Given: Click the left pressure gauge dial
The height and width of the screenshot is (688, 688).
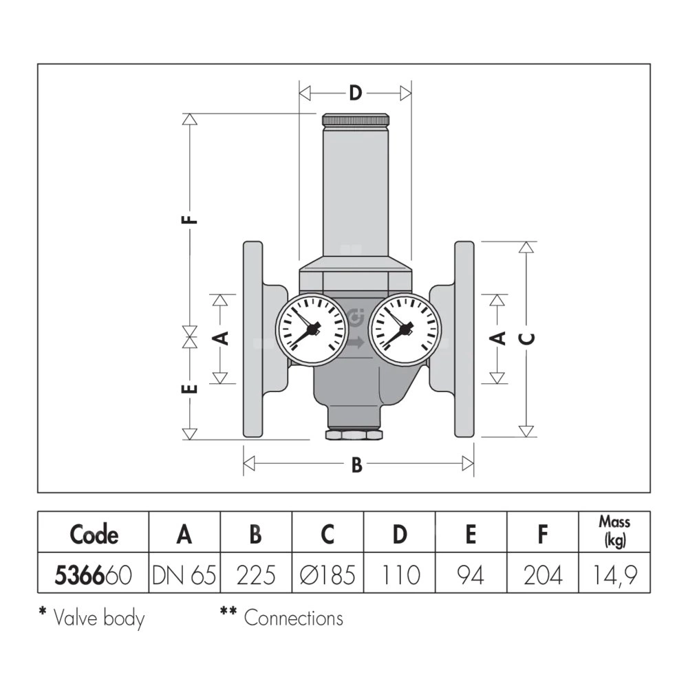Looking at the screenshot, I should click(x=311, y=329).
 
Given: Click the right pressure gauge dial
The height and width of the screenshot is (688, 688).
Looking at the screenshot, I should click(x=404, y=329).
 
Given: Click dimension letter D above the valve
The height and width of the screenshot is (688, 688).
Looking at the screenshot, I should click(x=354, y=93).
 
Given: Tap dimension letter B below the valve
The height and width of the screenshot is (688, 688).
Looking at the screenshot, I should click(x=356, y=465).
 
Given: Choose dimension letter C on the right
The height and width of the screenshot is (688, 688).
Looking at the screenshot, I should click(x=526, y=338).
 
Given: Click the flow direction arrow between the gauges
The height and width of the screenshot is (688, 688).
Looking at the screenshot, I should click(x=356, y=342).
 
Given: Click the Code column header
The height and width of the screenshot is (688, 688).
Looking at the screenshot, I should click(x=94, y=535).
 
